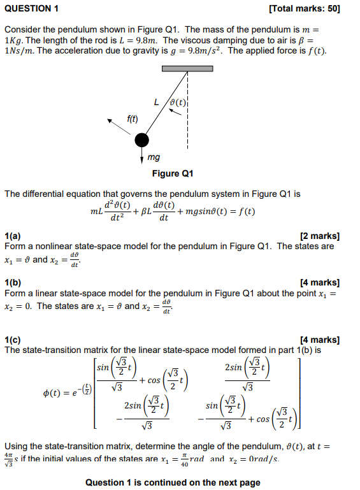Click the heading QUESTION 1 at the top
[31, 8]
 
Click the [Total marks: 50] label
[305, 8]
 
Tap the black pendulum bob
[141, 140]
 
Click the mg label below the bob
[154, 157]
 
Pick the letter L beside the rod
[156, 101]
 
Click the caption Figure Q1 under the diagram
[173, 173]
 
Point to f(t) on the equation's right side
[245, 212]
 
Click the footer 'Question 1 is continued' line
[173, 482]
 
